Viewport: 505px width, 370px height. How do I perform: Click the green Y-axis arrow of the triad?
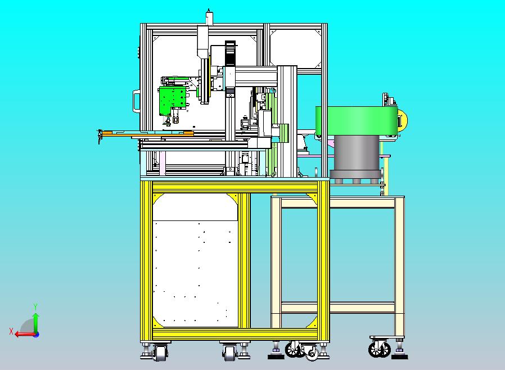point(36,323)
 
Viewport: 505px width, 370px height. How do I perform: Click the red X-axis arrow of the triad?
point(26,334)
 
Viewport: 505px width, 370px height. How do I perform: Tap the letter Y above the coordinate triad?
point(35,306)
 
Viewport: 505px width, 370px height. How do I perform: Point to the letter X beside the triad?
point(11,331)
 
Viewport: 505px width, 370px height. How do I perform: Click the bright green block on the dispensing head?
point(172,100)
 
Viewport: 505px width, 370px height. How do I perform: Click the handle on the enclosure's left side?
point(137,101)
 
